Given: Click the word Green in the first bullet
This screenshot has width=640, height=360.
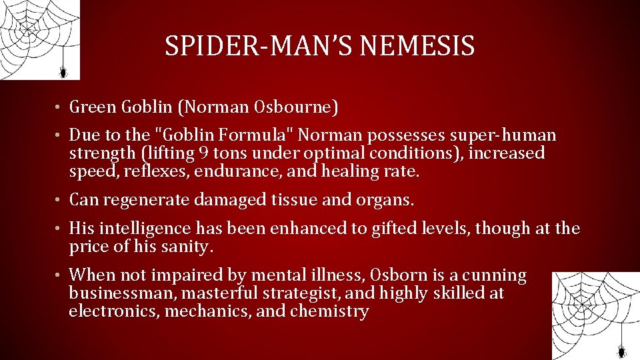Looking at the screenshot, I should [x=94, y=107].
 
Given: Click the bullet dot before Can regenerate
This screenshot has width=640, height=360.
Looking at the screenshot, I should [x=59, y=200].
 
